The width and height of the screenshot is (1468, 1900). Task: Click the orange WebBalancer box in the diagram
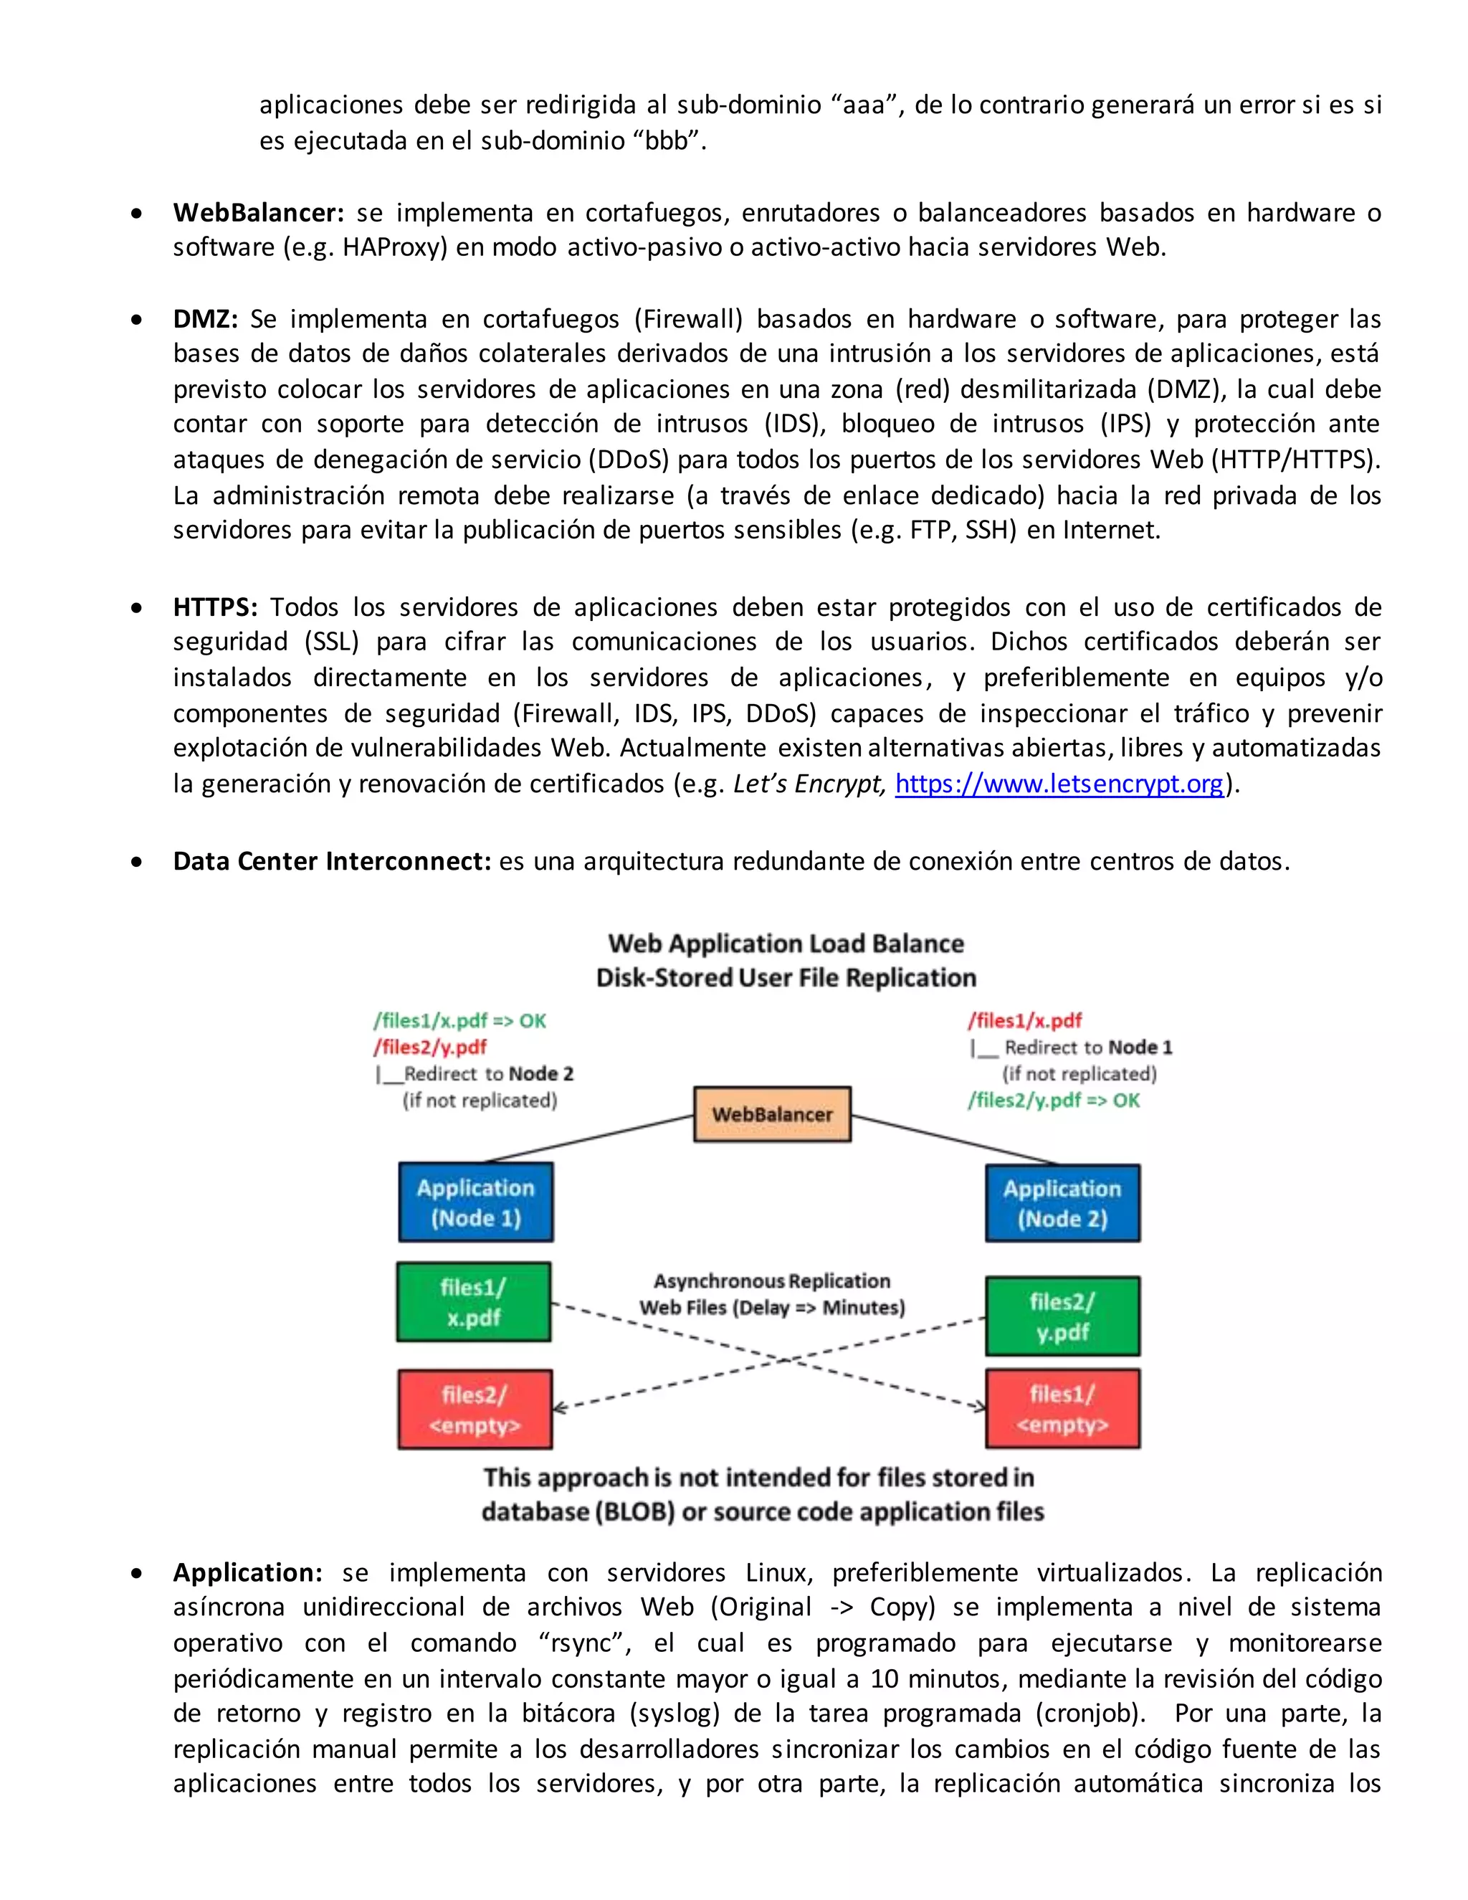771,1114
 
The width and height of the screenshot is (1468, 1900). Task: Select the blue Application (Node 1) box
476,1202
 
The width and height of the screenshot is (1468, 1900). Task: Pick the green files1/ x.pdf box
474,1301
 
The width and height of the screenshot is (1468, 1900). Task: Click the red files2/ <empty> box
475,1410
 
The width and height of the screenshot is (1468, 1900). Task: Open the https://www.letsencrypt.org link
1059,784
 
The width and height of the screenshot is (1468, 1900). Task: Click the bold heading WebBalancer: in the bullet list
258,212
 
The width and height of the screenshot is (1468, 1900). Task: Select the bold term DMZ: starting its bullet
205,318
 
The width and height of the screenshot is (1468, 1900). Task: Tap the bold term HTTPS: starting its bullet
215,607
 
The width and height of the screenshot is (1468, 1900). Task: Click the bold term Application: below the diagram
247,1573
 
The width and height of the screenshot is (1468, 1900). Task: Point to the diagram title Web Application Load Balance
786,944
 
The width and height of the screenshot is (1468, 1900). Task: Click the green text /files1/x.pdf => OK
459,1020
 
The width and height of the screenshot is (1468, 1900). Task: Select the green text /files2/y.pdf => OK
1053,1101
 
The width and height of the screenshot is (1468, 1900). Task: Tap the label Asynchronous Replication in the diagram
771,1281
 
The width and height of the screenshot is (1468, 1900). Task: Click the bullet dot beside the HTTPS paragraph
136,608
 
